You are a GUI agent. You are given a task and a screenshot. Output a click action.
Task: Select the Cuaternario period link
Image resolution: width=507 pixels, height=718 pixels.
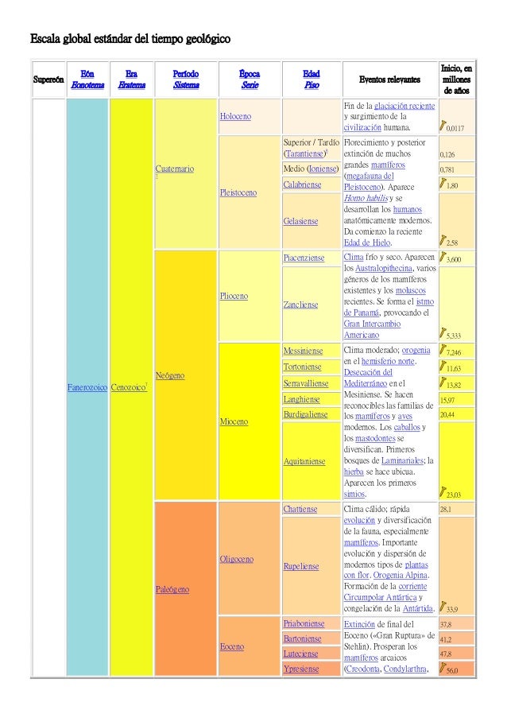pos(176,169)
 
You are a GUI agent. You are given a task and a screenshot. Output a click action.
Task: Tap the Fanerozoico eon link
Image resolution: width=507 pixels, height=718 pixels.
pos(87,387)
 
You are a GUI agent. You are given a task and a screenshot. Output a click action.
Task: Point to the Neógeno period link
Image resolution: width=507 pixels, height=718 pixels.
pos(171,374)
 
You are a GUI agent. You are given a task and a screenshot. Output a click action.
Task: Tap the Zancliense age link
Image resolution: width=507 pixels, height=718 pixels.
pos(300,304)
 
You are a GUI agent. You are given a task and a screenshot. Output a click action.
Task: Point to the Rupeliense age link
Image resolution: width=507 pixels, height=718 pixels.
pos(300,566)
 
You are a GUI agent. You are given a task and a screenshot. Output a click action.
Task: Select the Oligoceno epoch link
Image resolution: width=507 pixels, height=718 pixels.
pos(237,559)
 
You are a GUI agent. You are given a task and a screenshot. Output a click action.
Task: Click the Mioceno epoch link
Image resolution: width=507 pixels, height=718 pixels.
pos(234,421)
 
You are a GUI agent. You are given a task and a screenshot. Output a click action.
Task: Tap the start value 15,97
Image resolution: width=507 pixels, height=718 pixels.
pos(447,399)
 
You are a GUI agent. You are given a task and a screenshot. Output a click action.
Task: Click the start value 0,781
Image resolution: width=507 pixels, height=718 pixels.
pos(449,169)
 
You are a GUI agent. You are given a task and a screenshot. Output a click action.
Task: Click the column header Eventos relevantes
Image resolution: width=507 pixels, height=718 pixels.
pos(386,80)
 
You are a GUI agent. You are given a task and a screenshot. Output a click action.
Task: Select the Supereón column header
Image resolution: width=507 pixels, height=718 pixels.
pos(46,81)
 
